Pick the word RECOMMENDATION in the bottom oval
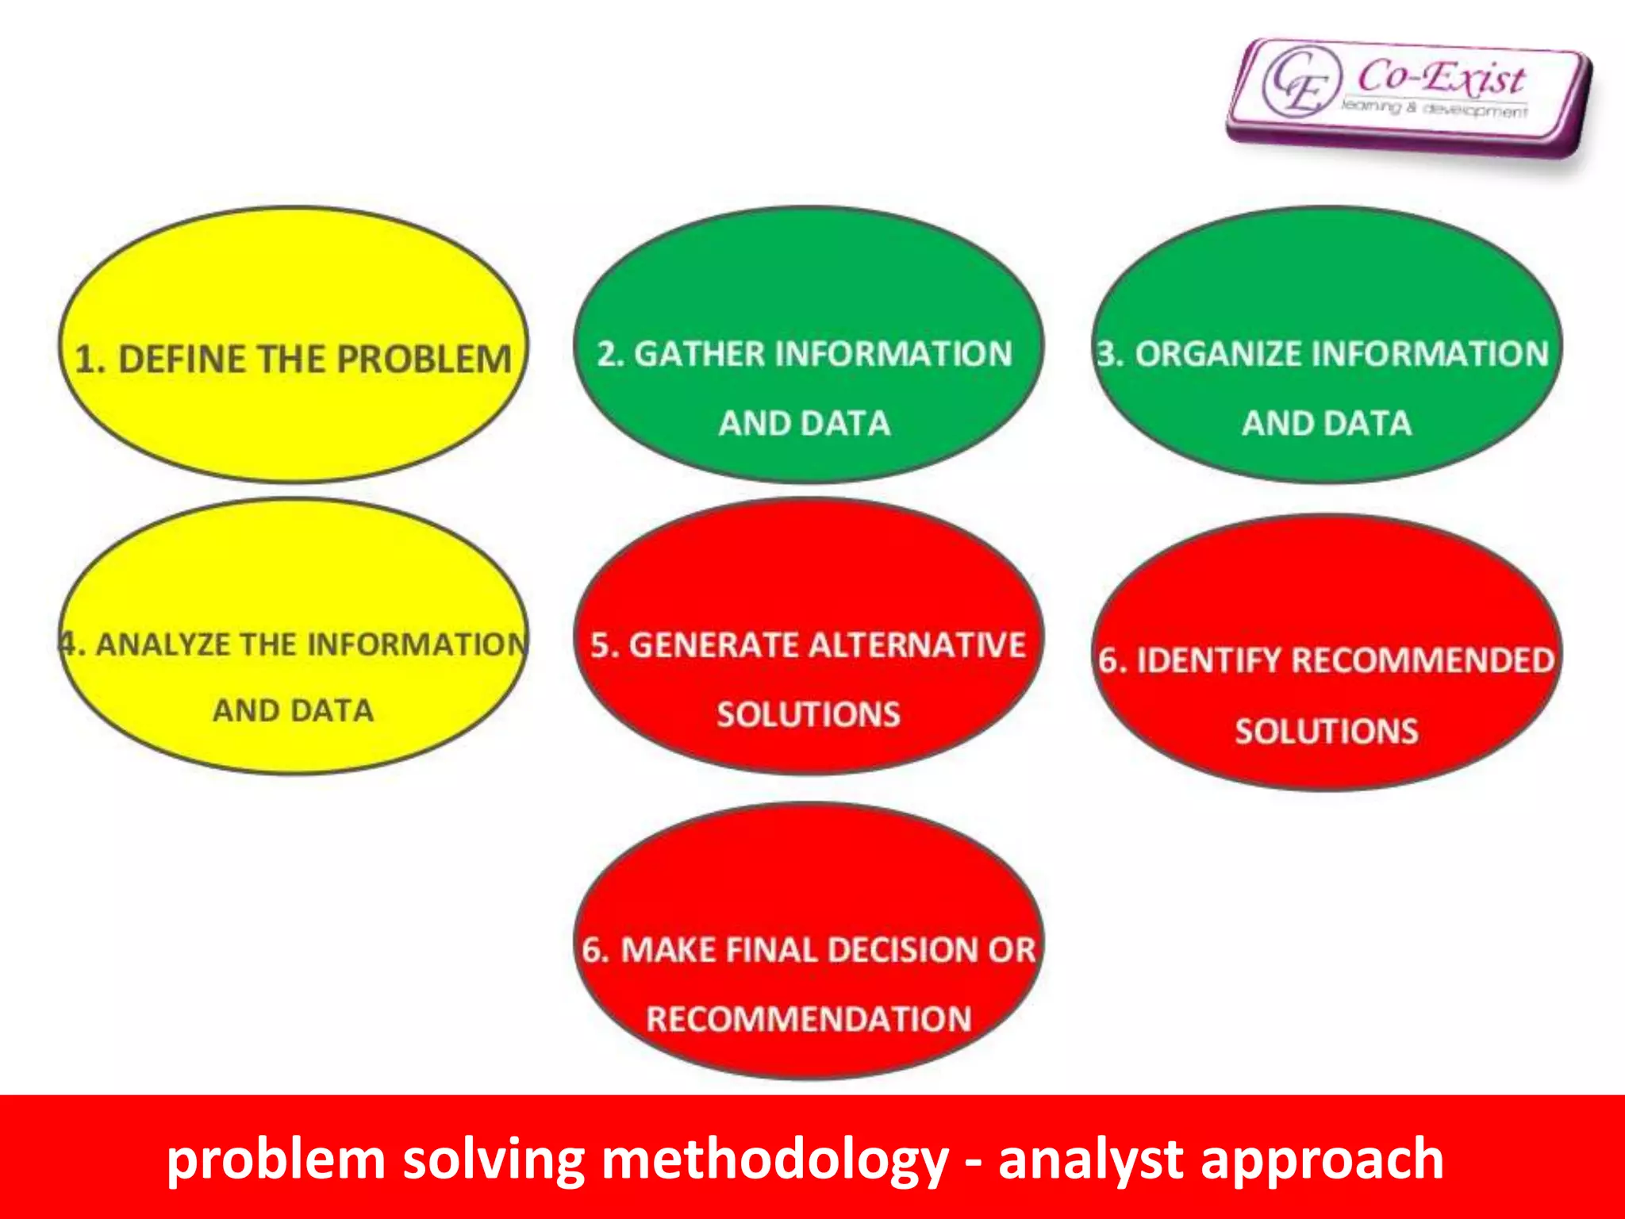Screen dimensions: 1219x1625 pyautogui.click(x=809, y=1019)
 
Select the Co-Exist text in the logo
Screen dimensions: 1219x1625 pyautogui.click(x=1440, y=78)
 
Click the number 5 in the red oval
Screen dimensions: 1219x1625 pyautogui.click(x=601, y=645)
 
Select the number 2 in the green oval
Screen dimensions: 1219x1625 pyautogui.click(x=608, y=354)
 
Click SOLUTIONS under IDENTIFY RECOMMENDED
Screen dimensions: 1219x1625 pyautogui.click(x=1326, y=731)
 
